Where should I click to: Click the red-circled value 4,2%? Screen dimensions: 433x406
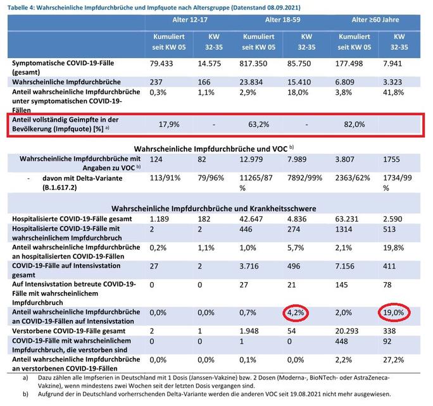point(296,313)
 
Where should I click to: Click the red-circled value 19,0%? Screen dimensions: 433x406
point(394,313)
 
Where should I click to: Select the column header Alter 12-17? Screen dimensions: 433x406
point(190,20)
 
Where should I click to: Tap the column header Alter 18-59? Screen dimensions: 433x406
point(282,20)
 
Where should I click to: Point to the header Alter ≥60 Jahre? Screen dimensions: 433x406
point(375,20)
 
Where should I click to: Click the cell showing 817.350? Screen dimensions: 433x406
point(253,64)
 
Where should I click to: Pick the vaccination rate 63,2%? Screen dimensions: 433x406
point(258,125)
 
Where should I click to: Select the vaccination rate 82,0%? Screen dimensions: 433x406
point(355,125)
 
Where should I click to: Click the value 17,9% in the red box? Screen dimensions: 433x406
point(169,125)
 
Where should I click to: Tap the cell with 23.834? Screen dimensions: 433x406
point(251,82)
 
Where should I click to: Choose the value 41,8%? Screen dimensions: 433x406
point(394,92)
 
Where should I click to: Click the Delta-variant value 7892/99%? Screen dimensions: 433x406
point(305,178)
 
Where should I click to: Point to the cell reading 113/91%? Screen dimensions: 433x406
point(165,178)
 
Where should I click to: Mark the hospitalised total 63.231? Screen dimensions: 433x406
point(347,219)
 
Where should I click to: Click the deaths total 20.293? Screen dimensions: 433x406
point(347,331)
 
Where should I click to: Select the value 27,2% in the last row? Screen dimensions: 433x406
point(394,360)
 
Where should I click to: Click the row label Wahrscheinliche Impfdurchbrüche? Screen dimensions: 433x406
point(66,82)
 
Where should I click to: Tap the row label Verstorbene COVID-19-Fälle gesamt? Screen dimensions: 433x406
point(69,331)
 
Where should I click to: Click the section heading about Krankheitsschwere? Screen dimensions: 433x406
point(214,209)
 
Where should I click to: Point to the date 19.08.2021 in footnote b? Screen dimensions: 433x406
point(305,394)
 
